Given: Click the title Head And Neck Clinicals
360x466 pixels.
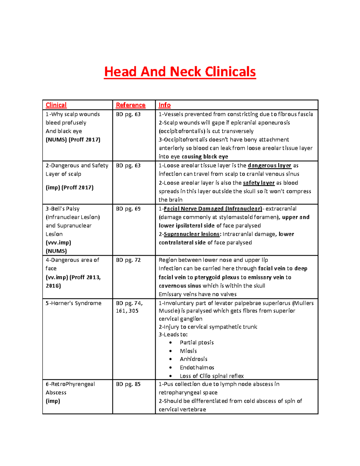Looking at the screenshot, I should pos(180,72).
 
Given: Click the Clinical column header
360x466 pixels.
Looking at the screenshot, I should pos(56,105).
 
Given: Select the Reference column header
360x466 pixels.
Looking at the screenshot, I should pos(130,105).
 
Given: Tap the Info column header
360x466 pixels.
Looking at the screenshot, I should pos(164,105).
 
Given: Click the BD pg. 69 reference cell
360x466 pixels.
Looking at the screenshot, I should pos(128,209).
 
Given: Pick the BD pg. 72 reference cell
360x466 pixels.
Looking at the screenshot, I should pos(128,260).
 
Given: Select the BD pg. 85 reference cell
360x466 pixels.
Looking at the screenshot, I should pos(128,384).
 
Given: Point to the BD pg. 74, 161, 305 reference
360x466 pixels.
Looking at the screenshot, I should pos(129,307).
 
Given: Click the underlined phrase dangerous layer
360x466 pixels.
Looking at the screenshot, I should pos(269,166).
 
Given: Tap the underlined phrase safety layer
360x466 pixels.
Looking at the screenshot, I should pos(259,183).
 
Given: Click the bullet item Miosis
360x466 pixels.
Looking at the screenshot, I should pos(188,351).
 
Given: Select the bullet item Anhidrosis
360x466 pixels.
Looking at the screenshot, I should pos(193,359).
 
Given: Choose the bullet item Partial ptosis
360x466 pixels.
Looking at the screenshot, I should pos(196,343).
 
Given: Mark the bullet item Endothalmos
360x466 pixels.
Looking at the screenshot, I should pos(197,368).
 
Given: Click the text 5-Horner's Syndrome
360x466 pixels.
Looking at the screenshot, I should pos(73,303).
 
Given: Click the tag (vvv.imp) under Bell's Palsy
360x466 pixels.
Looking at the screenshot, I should pos(58,243).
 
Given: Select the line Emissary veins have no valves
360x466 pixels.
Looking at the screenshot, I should pos(197,294).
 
